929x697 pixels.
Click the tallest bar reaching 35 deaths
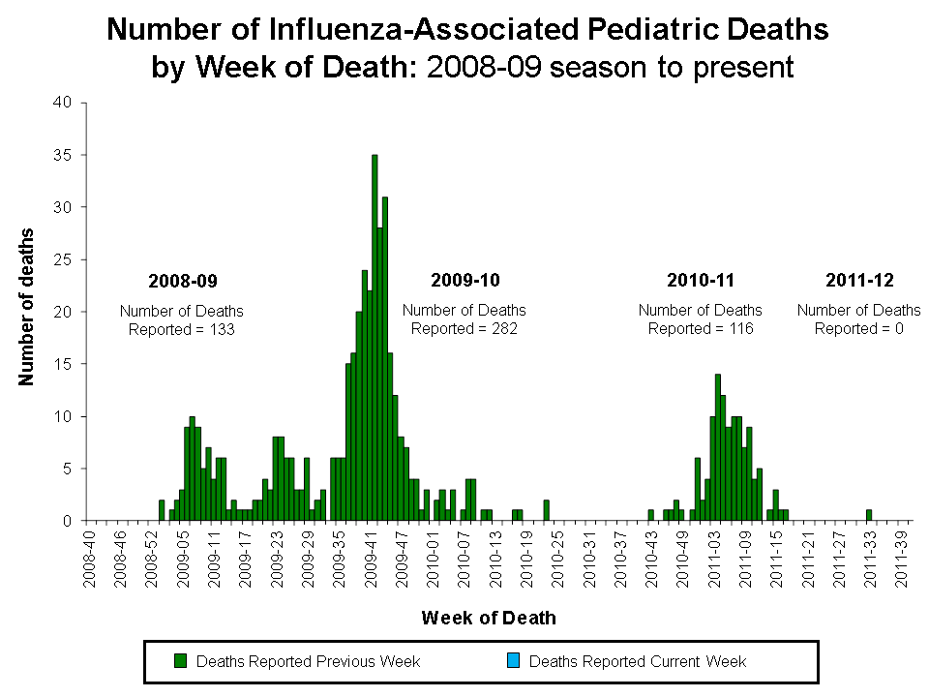pos(375,338)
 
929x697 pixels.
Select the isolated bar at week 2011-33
pos(869,515)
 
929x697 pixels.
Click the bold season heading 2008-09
pos(183,282)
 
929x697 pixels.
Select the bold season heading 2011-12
pos(859,281)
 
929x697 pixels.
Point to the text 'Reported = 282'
pos(464,328)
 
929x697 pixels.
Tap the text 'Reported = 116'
pos(701,328)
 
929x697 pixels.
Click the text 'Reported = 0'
pos(858,328)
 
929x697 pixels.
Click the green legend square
pos(180,661)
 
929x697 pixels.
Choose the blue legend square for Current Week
pos(514,661)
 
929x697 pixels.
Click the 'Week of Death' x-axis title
pos(489,618)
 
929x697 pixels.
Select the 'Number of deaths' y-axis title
pos(27,307)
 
